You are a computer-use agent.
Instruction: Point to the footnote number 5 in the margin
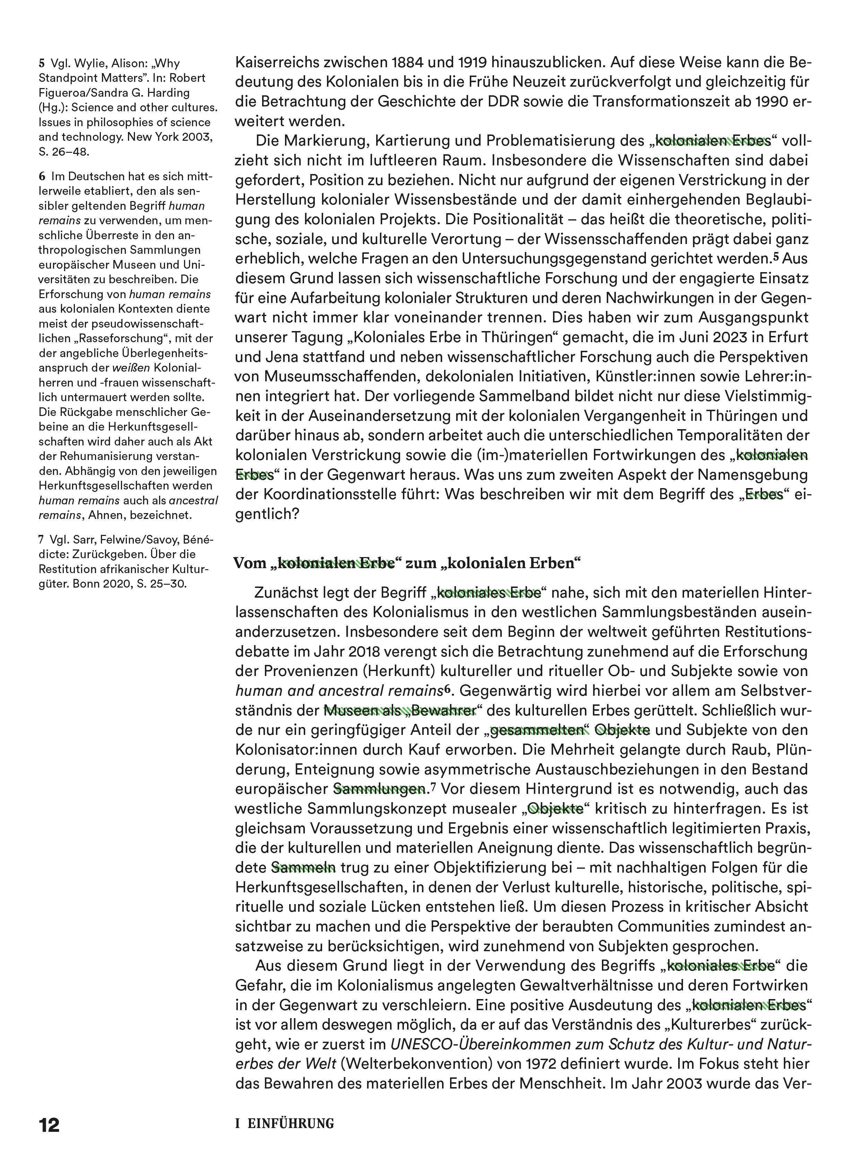coord(41,64)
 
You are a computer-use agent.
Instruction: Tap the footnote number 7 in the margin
coord(41,540)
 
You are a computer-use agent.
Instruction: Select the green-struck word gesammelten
coord(536,730)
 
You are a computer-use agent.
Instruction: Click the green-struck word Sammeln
coord(304,868)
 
